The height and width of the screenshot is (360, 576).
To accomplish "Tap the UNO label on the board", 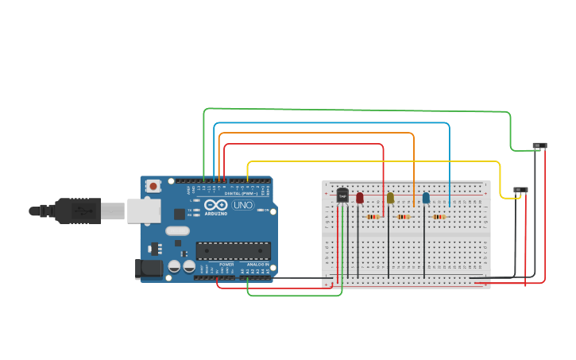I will [243, 205].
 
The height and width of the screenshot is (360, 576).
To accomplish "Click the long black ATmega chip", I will [233, 251].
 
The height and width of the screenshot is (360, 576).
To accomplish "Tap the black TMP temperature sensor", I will [342, 195].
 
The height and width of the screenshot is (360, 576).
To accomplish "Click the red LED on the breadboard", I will [360, 197].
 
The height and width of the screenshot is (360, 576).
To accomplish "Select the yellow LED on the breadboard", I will [390, 198].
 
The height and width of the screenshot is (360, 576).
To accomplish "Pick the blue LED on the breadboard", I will [426, 197].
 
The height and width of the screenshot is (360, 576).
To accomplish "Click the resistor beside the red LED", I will [373, 216].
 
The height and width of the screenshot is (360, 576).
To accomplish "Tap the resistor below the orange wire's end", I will [404, 216].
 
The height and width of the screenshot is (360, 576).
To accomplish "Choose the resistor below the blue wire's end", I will [439, 216].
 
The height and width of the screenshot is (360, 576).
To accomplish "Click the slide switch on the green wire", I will [540, 145].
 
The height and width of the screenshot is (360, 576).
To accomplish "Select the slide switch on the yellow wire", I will [520, 190].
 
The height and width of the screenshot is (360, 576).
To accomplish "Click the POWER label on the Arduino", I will [226, 265].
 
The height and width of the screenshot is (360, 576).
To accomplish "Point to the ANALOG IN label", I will [257, 265].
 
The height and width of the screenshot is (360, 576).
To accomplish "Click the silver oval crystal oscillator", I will [177, 230].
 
